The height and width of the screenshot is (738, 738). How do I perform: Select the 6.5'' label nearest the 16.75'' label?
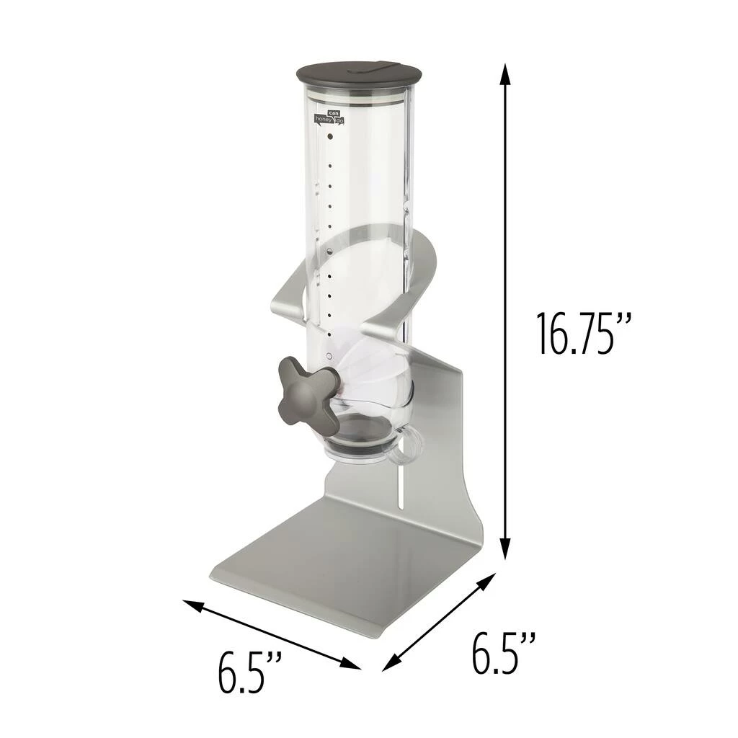504,652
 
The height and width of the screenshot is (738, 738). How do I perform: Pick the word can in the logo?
332,112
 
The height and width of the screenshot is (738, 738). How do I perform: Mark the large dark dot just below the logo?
330,135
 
